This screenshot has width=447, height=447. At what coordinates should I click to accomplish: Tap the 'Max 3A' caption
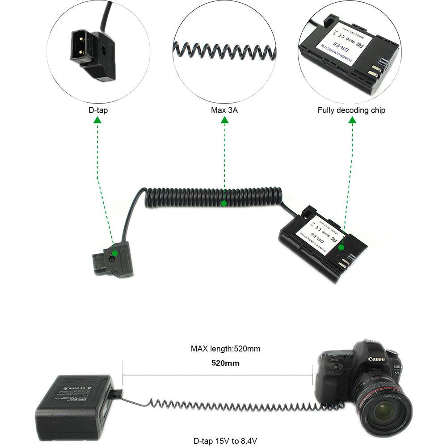(224, 110)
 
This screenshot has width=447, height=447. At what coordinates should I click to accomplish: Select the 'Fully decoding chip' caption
(351, 110)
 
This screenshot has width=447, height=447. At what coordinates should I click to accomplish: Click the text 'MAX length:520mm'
(225, 349)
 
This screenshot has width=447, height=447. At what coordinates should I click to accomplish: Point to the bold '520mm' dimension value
(225, 363)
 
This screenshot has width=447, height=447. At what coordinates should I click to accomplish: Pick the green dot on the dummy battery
(341, 247)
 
